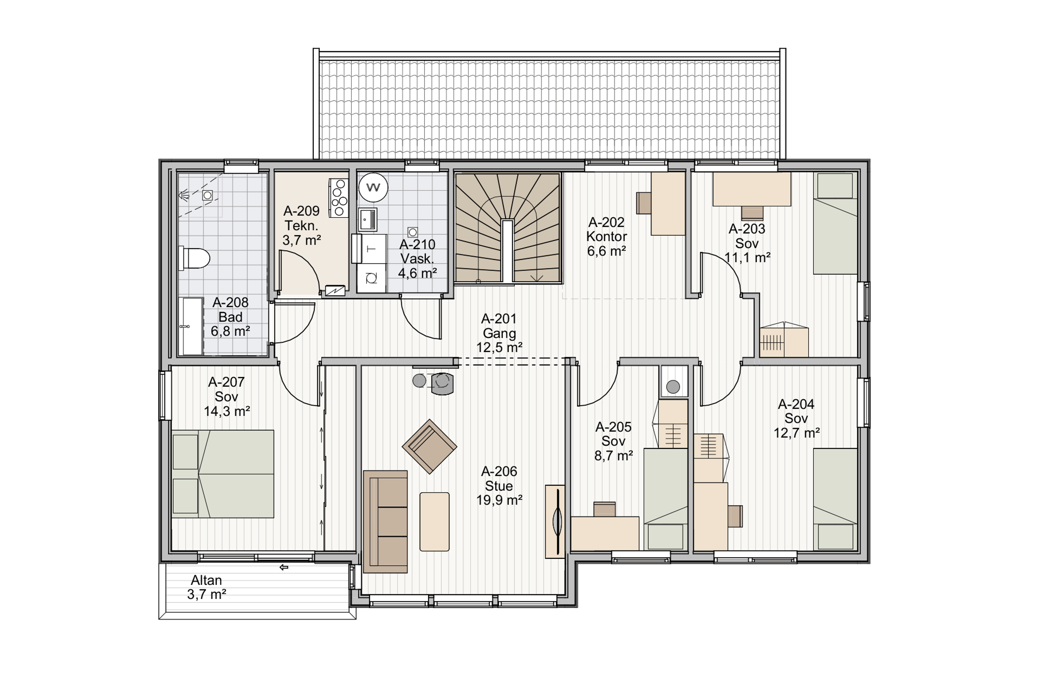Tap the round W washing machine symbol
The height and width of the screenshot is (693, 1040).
tap(373, 187)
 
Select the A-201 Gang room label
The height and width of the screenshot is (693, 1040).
tap(499, 333)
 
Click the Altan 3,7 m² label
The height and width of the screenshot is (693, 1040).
tap(206, 587)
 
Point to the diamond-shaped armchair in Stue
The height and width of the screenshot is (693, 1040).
tap(429, 446)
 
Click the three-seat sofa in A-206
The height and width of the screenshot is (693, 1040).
tap(385, 522)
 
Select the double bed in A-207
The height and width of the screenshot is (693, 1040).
tap(222, 473)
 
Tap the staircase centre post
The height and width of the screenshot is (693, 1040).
tap(507, 250)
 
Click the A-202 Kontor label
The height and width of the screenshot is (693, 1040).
tap(606, 236)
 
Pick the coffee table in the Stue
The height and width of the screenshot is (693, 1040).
tap(434, 522)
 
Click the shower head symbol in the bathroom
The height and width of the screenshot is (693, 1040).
tap(184, 195)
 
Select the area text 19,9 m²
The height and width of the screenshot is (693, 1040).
tap(499, 500)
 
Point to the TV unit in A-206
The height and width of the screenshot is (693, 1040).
tap(555, 522)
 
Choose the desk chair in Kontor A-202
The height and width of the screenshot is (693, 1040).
tap(644, 203)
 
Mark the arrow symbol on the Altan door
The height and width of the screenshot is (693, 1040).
tap(284, 567)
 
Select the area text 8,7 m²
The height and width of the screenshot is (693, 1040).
tap(613, 455)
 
